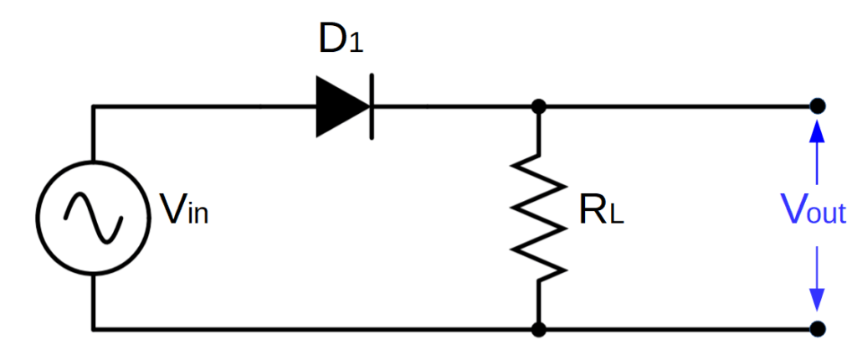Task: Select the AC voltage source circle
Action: click(x=94, y=217)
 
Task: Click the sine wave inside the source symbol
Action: click(x=94, y=217)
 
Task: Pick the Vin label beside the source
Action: click(x=183, y=210)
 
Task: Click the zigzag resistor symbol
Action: click(x=539, y=217)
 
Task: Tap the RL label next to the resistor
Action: click(x=602, y=214)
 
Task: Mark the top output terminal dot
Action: click(x=817, y=107)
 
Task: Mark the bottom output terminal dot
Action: click(x=817, y=327)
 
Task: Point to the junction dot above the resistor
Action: click(x=539, y=107)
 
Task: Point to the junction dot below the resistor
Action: click(x=539, y=327)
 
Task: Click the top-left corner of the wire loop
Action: click(x=94, y=107)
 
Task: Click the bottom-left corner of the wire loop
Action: click(x=94, y=327)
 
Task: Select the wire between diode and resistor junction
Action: click(x=452, y=107)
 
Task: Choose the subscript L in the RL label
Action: click(x=617, y=219)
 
